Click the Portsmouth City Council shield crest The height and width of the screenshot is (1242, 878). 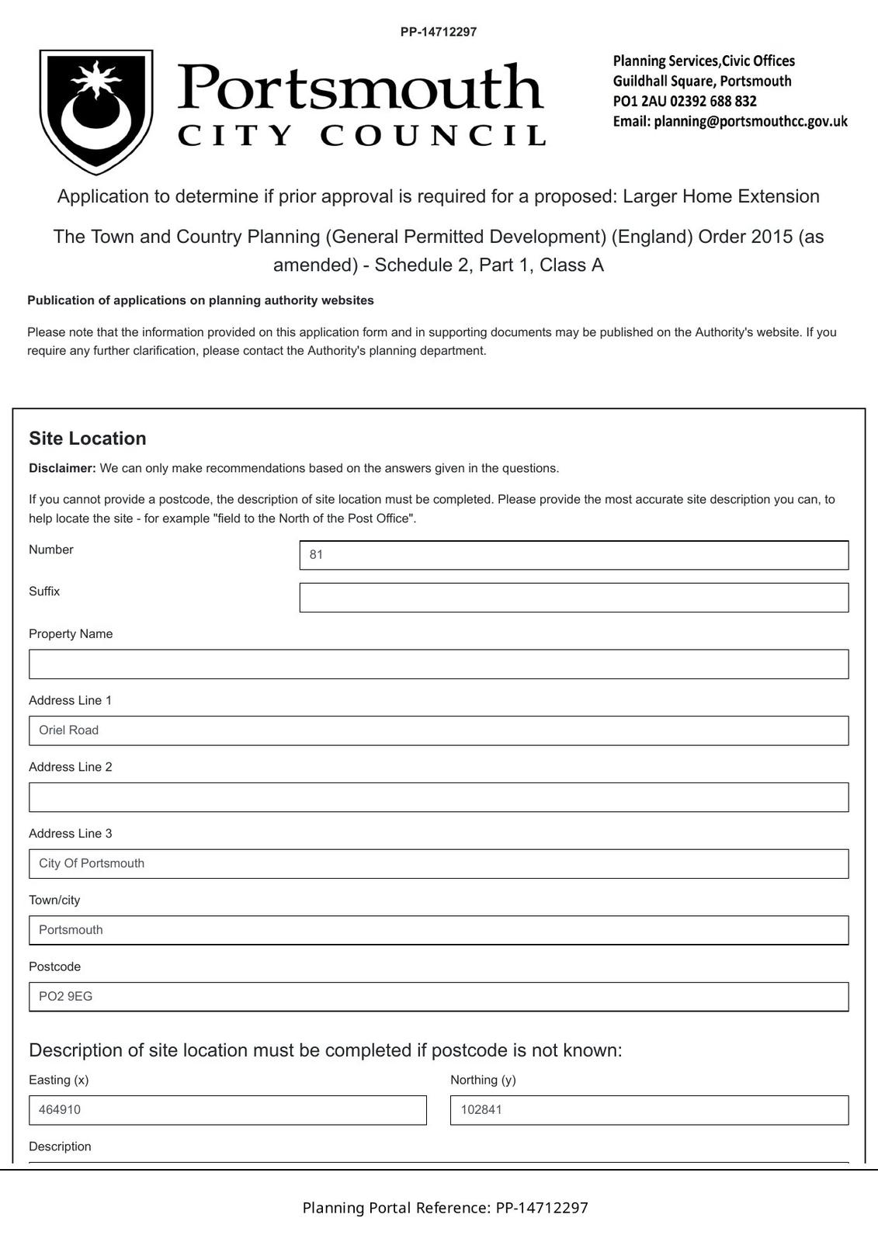96,112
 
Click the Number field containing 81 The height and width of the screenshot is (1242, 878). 574,555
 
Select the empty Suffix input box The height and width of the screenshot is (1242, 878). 574,598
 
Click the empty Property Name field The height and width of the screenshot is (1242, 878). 439,664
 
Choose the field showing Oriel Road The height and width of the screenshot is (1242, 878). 439,730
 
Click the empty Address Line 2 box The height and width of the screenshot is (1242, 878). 439,797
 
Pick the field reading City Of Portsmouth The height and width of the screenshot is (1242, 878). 439,864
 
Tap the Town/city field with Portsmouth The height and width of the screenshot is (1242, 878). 439,930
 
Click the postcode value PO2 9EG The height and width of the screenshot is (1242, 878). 66,997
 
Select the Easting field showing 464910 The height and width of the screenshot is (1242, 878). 227,1110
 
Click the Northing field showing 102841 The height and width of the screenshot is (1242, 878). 649,1110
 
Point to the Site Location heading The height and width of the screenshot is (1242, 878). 88,439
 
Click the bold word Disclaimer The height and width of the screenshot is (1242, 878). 62,468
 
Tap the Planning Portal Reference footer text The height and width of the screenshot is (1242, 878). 445,1208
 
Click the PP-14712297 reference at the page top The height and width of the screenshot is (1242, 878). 439,32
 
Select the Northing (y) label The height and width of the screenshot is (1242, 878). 483,1080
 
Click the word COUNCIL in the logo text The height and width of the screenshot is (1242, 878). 433,136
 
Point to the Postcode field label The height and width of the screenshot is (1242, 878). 54,966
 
